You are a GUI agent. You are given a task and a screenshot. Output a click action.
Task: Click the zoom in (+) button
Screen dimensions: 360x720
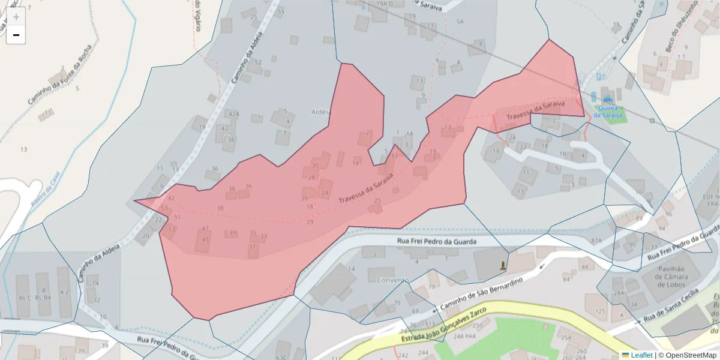(16, 17)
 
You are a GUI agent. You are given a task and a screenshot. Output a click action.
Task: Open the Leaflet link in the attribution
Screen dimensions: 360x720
(640, 355)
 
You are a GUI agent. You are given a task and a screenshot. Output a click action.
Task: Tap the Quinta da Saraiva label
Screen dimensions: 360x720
(608, 112)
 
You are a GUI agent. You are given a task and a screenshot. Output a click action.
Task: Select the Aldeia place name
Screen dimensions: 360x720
(321, 112)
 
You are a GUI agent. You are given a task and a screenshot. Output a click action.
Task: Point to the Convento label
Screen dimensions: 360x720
(393, 280)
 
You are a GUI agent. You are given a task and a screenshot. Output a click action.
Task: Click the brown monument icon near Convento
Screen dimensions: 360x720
(503, 265)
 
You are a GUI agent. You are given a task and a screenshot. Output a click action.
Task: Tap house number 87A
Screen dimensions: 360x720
(596, 241)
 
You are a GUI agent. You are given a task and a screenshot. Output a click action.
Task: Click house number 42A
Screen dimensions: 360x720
(233, 113)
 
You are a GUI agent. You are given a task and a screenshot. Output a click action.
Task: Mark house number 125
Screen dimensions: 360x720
(601, 311)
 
